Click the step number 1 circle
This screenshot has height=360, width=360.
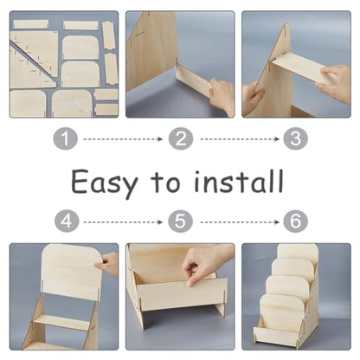coord(66,139)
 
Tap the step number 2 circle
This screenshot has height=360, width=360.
coord(181,139)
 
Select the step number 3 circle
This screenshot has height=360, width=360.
coord(295,139)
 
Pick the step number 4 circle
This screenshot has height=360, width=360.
coord(67,222)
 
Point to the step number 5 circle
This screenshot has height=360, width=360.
coord(180,222)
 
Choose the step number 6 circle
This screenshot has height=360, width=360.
coord(295,222)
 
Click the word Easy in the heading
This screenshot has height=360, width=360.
coord(105,183)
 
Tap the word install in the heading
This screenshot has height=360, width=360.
coord(239,181)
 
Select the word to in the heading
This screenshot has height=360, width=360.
coord(165,183)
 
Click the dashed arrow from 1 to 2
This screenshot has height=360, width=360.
coord(123,139)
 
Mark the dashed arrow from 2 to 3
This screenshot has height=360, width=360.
coord(240,139)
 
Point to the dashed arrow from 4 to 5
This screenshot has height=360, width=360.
coord(123,222)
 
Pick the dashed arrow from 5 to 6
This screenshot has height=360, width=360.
coord(240,222)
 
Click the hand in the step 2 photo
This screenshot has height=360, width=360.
coord(222,97)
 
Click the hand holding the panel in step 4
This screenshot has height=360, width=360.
coord(110,265)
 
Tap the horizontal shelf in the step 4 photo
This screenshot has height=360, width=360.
coord(61,322)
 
